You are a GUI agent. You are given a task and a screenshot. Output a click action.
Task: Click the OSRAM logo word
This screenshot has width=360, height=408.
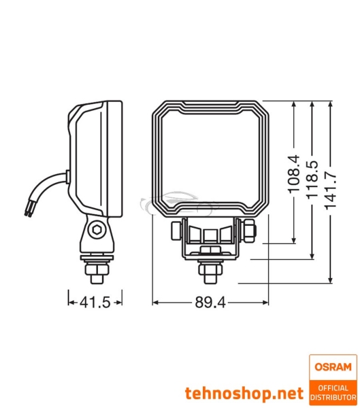[333, 368]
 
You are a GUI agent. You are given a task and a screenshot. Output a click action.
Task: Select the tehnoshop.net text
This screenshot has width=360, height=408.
[244, 393]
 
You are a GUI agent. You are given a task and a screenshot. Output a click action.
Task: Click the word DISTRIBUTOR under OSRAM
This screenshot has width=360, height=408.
[333, 396]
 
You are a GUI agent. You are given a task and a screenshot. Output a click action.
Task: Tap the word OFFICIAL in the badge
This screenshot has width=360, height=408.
[333, 387]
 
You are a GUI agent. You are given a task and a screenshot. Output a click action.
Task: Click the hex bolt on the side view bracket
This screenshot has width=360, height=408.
[99, 229]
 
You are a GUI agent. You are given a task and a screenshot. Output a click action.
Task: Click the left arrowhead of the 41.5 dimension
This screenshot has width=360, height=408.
[69, 299]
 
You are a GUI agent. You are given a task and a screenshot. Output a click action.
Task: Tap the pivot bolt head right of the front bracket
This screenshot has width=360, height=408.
[249, 230]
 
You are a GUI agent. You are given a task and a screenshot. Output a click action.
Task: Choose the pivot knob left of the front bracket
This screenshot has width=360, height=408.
[176, 230]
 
